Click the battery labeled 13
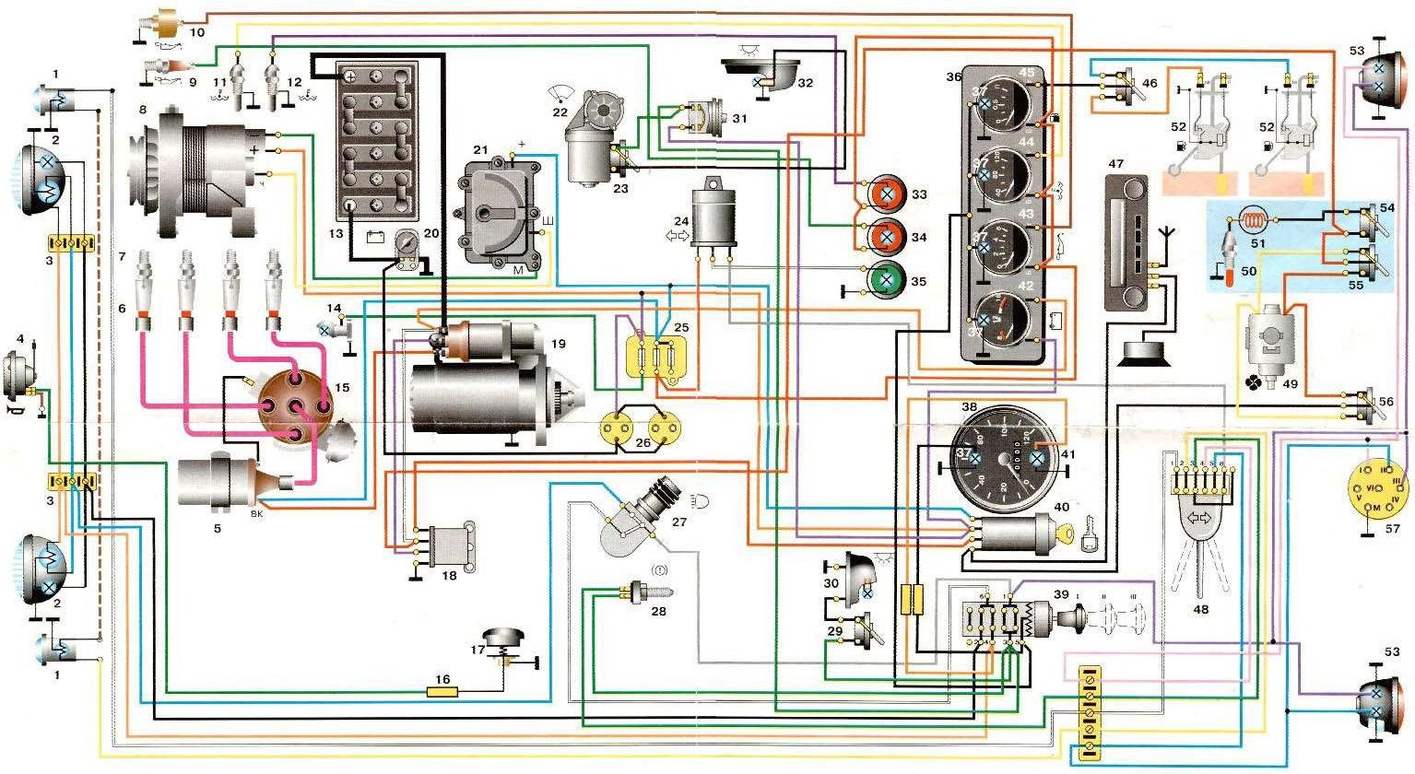tap(376, 138)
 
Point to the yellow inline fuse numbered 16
tap(443, 690)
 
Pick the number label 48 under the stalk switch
tap(1199, 609)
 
